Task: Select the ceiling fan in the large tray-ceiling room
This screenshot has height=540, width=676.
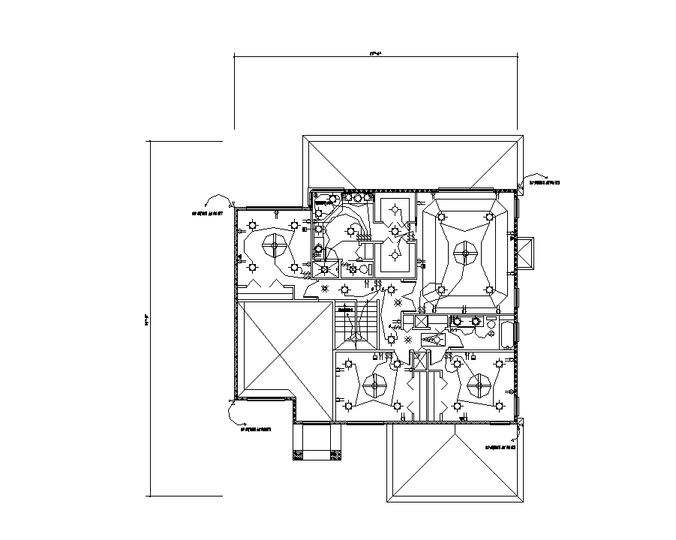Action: coord(465,254)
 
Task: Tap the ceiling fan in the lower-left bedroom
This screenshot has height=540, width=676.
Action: coord(373,387)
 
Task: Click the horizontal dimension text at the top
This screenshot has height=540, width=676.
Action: coord(374,53)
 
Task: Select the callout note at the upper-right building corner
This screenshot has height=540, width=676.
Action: coord(545,182)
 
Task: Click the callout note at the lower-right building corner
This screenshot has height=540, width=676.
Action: coord(500,447)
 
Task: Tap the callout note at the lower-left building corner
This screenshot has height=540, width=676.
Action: coord(255,430)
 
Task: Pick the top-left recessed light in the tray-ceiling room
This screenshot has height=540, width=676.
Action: coord(441,217)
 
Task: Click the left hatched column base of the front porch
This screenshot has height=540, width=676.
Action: coord(299,454)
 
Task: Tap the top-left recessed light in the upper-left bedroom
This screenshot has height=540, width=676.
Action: coord(254,224)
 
